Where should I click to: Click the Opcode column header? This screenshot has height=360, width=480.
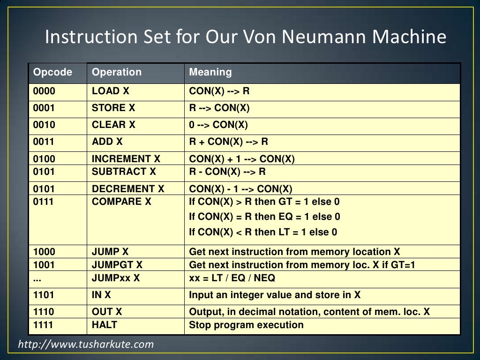[x=52, y=72]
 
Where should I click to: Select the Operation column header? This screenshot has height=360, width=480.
[x=116, y=72]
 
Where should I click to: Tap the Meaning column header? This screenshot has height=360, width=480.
[x=210, y=72]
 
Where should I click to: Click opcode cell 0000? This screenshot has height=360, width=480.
[x=44, y=91]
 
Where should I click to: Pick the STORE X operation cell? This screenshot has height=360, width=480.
[x=113, y=108]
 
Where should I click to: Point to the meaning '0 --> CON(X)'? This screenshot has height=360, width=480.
[x=218, y=125]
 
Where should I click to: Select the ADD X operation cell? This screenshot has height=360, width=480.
[x=107, y=142]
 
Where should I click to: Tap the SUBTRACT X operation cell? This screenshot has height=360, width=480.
[x=124, y=172]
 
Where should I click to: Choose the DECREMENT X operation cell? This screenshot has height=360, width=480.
[x=128, y=189]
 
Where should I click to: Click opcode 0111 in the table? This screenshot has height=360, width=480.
[x=44, y=202]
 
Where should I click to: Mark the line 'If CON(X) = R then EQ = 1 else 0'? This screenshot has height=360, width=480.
[x=264, y=217]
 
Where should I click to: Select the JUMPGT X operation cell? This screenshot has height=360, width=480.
[x=117, y=265]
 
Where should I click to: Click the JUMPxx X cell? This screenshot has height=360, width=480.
[x=116, y=278]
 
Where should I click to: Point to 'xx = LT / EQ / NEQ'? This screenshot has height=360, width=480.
[x=232, y=278]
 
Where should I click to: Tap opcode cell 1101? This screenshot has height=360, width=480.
[x=44, y=295]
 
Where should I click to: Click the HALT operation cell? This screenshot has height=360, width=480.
[x=105, y=325]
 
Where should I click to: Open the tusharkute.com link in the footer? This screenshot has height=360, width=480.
[x=86, y=345]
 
